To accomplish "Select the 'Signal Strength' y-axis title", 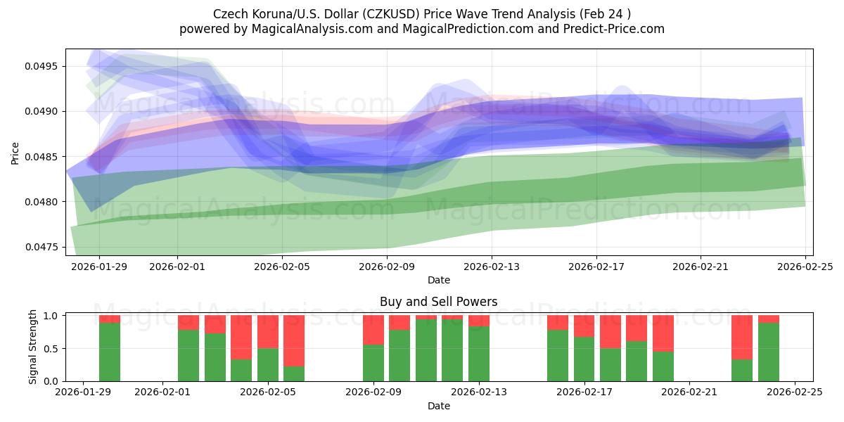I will coord(33,347).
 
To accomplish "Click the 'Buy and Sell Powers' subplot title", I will coord(438,302).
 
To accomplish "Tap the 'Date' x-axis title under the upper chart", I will coord(438,280).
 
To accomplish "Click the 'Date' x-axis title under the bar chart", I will coord(438,406).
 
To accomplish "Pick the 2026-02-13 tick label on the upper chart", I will coord(492,267).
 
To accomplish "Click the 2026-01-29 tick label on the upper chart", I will coord(98,267).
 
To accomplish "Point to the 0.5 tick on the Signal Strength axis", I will coord(51,348).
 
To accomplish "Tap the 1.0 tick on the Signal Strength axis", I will coord(51,316).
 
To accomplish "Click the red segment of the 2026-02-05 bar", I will coord(268,331).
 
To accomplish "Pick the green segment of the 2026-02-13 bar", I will coord(479,354).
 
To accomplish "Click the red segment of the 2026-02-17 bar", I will coord(584,326).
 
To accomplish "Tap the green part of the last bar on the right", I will coord(769,352).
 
